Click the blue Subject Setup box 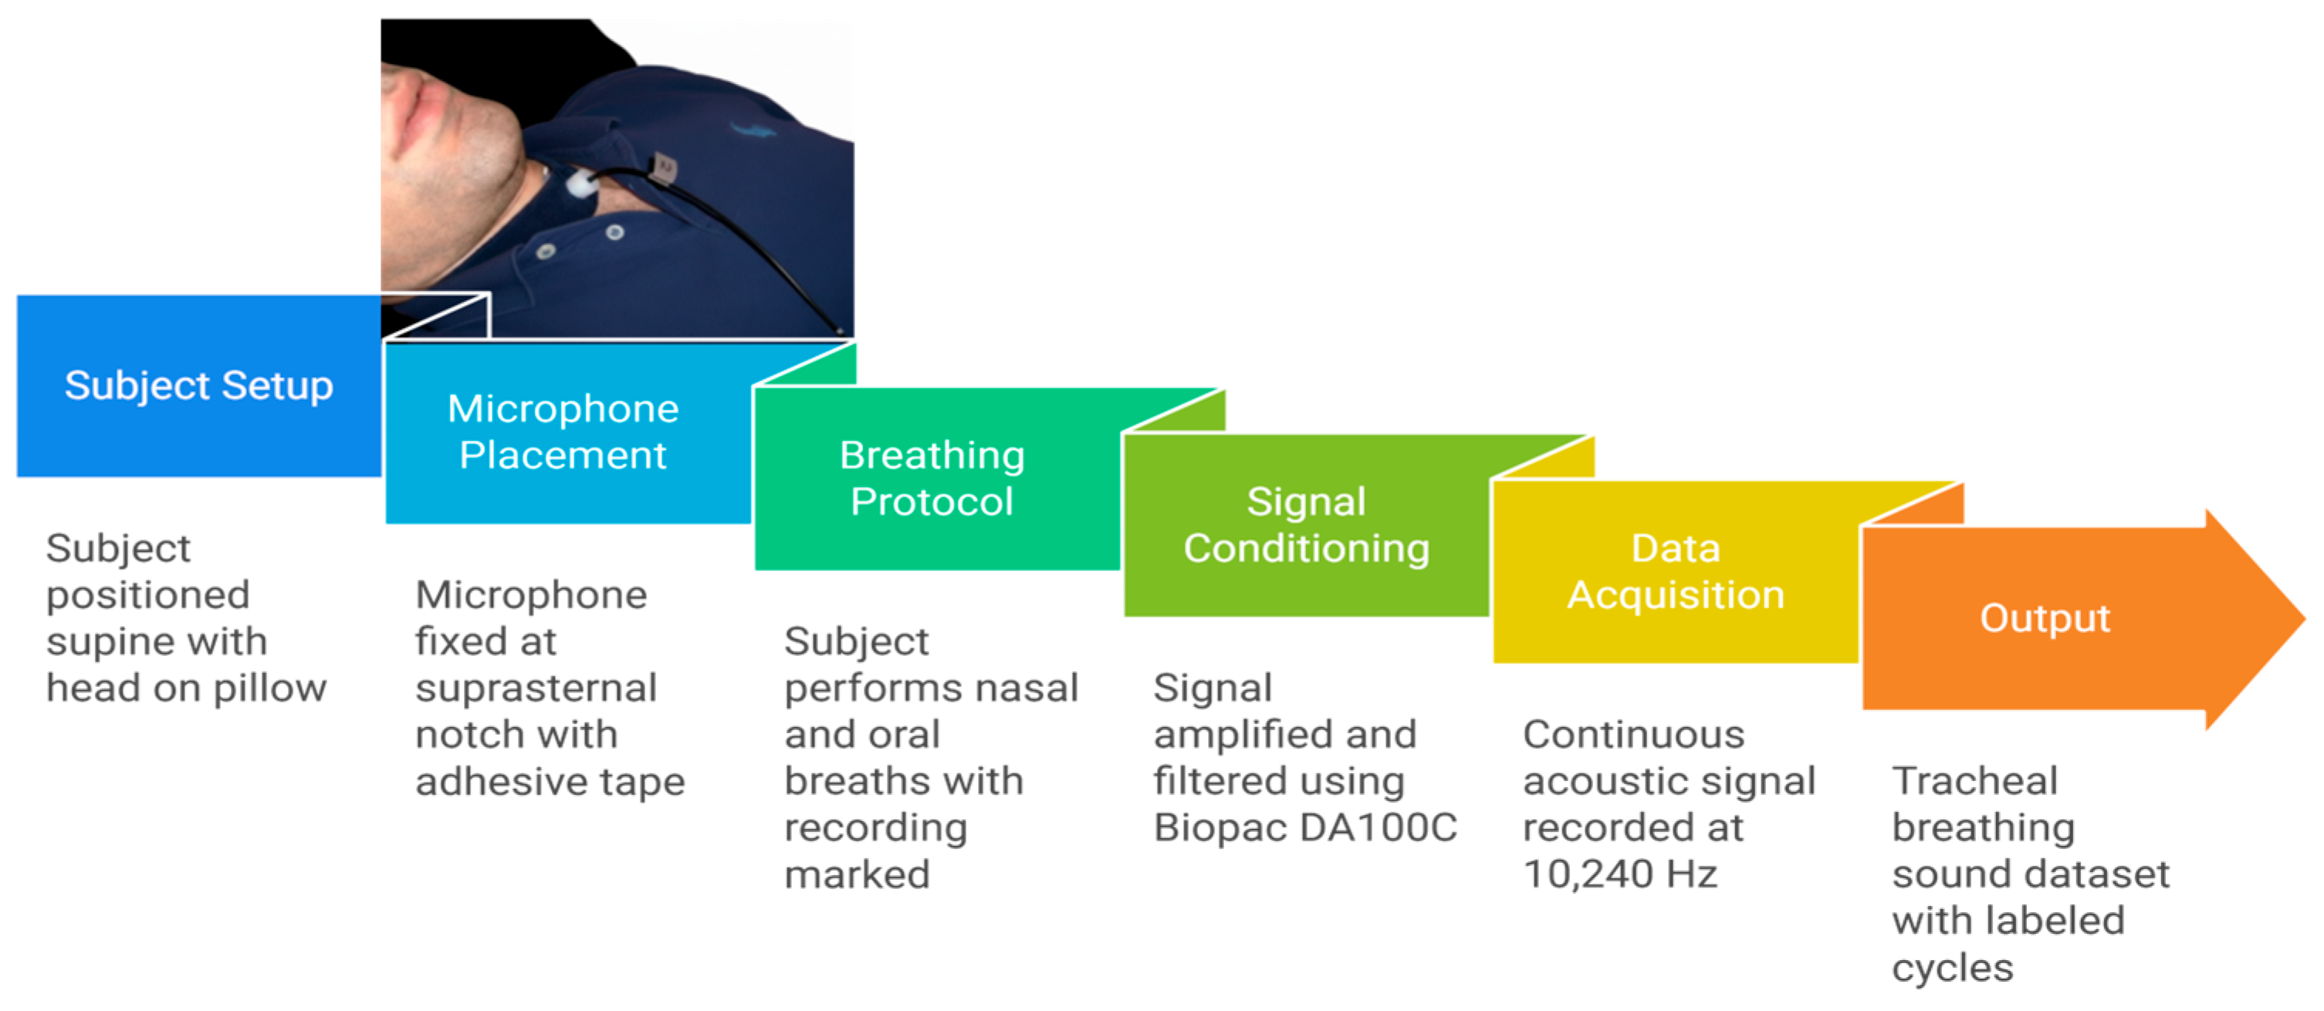[198, 386]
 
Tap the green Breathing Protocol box [932, 478]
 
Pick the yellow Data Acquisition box [1676, 572]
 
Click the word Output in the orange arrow [2045, 619]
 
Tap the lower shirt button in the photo [546, 251]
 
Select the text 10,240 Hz [1619, 874]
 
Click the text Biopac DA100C [1304, 827]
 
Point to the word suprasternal [536, 688]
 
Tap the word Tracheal [1974, 781]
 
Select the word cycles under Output [1952, 968]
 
